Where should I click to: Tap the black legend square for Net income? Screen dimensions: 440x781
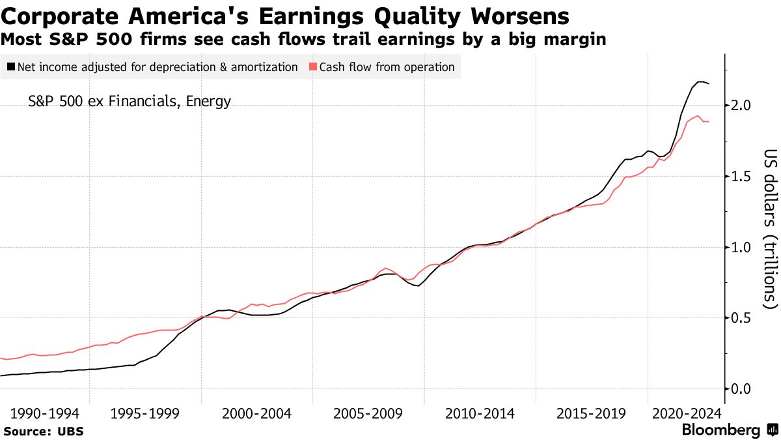point(11,67)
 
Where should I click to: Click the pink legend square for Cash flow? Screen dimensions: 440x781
point(313,67)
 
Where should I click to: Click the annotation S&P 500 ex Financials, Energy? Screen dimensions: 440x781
point(130,102)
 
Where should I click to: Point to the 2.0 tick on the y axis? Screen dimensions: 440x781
point(739,106)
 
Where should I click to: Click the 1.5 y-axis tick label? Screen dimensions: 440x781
point(739,177)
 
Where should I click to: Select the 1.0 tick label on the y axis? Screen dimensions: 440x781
point(739,247)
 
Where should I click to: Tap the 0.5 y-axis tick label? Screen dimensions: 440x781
point(739,318)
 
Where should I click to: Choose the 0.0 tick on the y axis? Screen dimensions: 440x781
point(739,389)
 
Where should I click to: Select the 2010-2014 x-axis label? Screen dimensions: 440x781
point(480,413)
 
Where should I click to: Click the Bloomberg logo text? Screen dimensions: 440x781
point(720,430)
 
